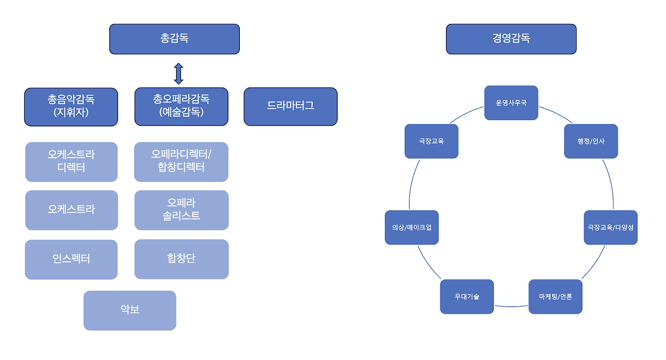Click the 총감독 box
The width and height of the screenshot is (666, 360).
click(174, 39)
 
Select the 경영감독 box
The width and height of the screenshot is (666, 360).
click(511, 39)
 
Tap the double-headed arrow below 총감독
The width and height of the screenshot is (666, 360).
click(178, 73)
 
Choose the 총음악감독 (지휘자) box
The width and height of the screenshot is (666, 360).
click(71, 107)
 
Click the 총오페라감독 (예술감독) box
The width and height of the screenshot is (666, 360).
click(181, 107)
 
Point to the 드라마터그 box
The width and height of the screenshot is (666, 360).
click(290, 107)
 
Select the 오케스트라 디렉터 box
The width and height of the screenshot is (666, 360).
click(71, 162)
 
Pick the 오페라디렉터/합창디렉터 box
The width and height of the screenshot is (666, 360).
click(181, 162)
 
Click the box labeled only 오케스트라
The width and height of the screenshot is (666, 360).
click(71, 210)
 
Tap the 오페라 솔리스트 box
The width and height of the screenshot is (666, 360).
click(181, 210)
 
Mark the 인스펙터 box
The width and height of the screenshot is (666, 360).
click(71, 259)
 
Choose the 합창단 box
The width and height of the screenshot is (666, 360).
click(181, 259)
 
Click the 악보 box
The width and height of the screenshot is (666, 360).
click(130, 310)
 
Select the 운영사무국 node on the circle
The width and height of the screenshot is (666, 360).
click(511, 103)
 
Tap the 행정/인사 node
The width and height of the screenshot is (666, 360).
click(591, 141)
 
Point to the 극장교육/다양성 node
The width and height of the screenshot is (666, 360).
click(610, 227)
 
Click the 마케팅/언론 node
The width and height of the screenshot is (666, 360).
click(555, 297)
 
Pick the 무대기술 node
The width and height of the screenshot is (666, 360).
click(467, 297)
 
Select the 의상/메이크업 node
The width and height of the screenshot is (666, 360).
click(412, 227)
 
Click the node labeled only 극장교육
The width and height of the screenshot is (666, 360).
click(431, 141)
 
